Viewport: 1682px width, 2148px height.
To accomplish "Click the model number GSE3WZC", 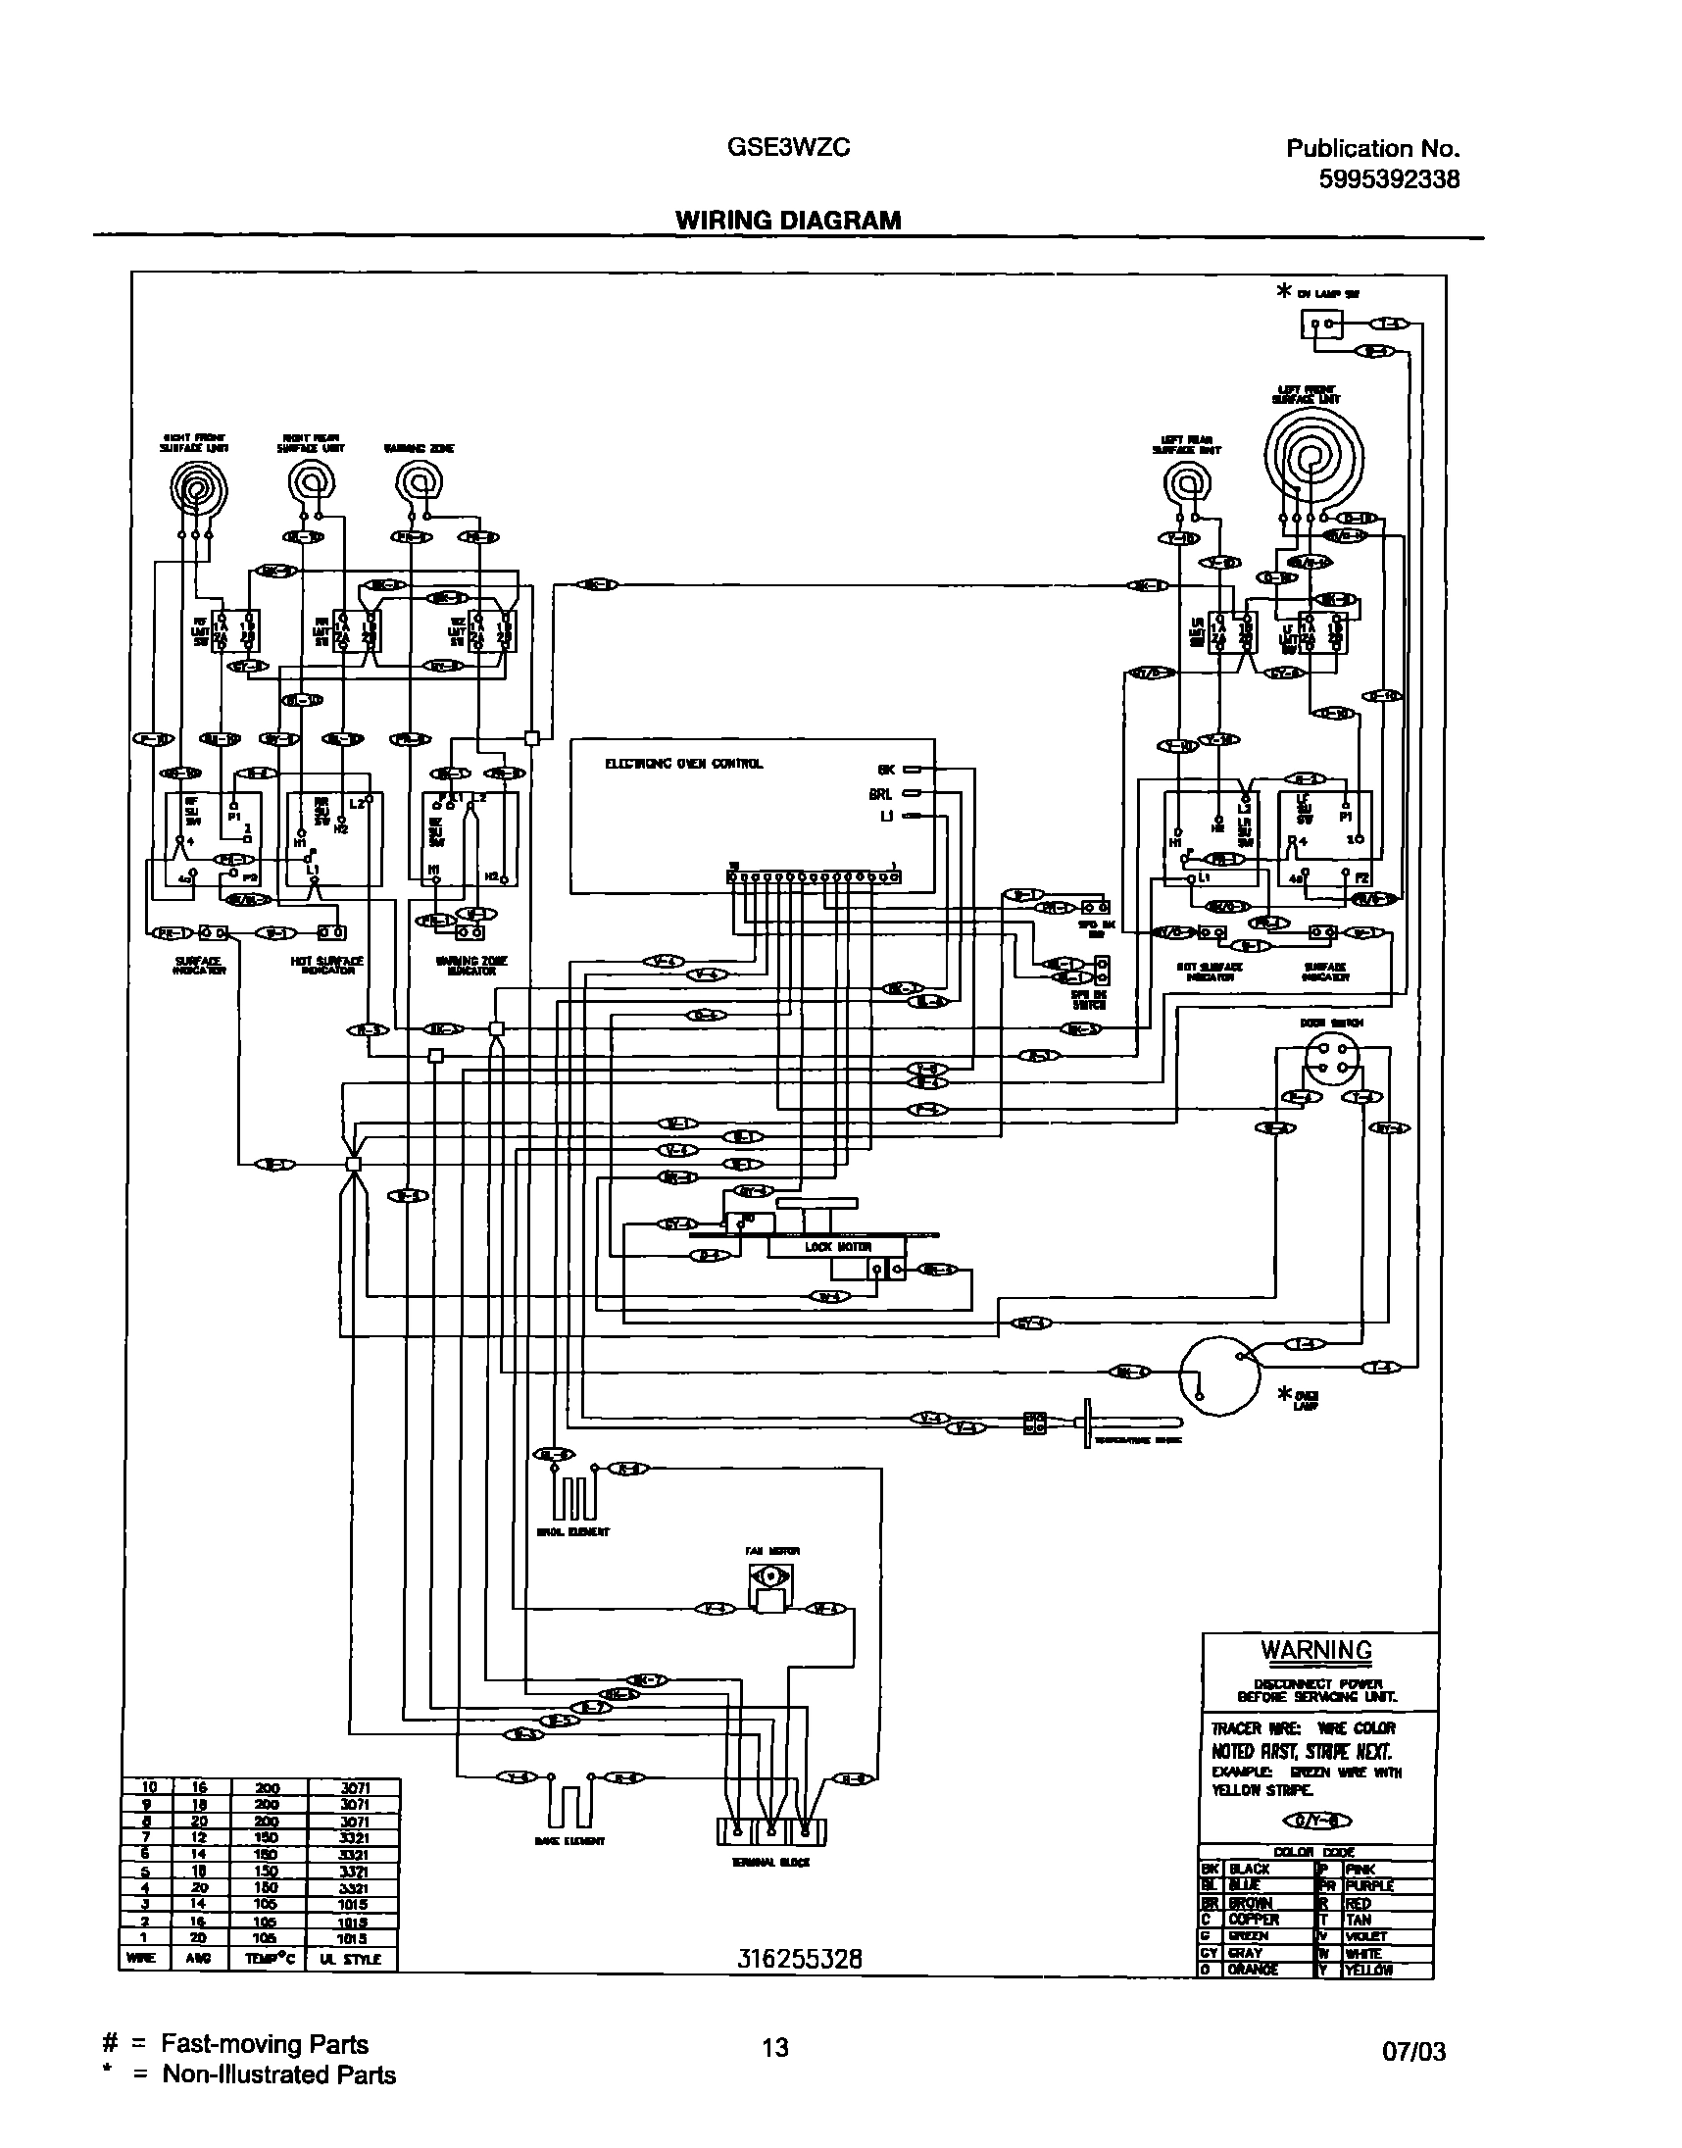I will pyautogui.click(x=788, y=148).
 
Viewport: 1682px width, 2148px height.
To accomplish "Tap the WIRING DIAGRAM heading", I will pyautogui.click(x=788, y=221).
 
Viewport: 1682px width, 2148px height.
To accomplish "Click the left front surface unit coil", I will pyautogui.click(x=1313, y=458).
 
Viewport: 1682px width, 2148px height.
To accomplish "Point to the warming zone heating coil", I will pyautogui.click(x=419, y=483).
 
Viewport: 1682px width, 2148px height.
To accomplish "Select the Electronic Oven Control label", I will pyautogui.click(x=683, y=764).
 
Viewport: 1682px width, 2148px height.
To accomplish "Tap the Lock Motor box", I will pyautogui.click(x=837, y=1247).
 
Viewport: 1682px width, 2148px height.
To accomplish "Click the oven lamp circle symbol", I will pyautogui.click(x=1219, y=1374).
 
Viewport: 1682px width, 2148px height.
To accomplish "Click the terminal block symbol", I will pyautogui.click(x=771, y=1832).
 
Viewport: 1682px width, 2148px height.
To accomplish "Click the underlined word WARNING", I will pyautogui.click(x=1315, y=1651).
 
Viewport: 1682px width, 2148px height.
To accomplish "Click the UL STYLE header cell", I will pyautogui.click(x=353, y=1959).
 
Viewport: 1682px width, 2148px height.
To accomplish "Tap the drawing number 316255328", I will pyautogui.click(x=799, y=1960).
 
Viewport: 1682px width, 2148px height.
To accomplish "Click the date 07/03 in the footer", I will pyautogui.click(x=1414, y=2052).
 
